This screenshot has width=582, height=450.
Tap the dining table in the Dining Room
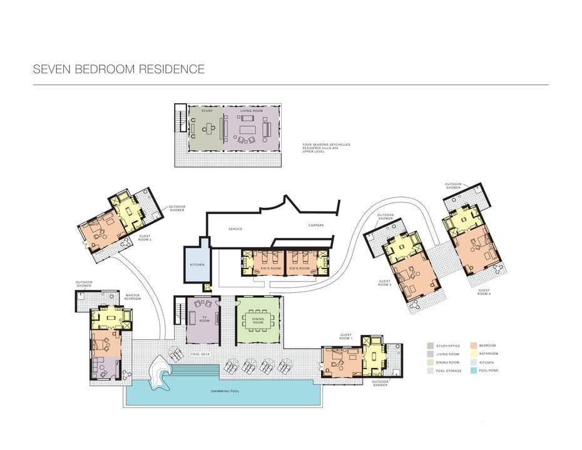[258, 320]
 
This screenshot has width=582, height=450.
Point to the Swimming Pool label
[225, 391]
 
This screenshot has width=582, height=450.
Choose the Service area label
[235, 229]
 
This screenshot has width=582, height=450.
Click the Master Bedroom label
[132, 297]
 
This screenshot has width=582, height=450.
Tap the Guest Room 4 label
[484, 292]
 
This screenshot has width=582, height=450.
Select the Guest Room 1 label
[345, 337]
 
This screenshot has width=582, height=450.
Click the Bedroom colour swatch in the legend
[474, 345]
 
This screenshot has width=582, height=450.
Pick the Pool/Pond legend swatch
[474, 371]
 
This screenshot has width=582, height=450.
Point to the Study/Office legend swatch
[431, 345]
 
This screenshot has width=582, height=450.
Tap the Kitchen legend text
[488, 362]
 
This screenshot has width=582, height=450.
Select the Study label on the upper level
[207, 111]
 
